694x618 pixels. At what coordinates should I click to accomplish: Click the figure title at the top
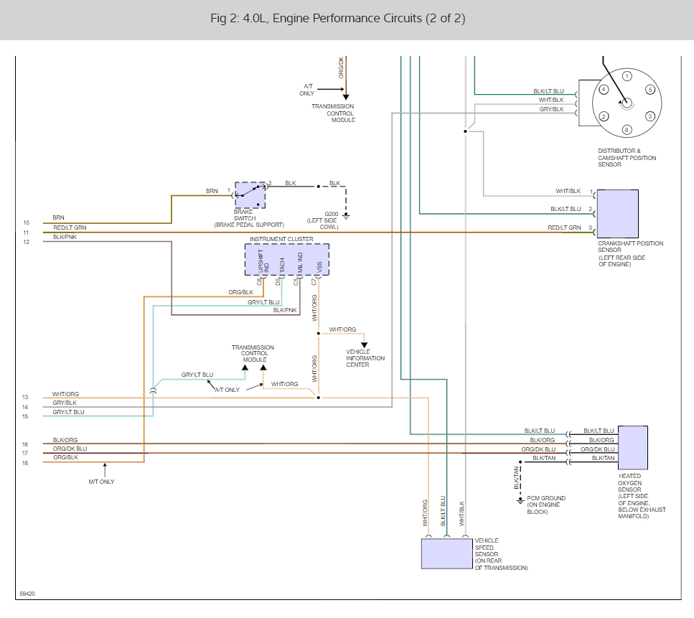(x=338, y=18)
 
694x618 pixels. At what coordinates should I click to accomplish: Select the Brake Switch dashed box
(x=250, y=195)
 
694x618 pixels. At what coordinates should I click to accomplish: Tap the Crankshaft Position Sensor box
(x=617, y=214)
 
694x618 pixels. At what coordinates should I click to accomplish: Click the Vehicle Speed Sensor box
(x=446, y=553)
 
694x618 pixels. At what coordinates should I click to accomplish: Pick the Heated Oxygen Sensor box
(x=633, y=448)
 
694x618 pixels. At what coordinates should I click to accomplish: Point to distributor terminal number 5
(x=650, y=90)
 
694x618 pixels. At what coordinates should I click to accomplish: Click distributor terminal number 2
(x=604, y=117)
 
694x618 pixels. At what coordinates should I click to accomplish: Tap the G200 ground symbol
(x=346, y=216)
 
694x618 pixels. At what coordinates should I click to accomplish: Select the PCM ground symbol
(x=520, y=501)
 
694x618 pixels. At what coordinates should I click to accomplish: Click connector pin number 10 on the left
(x=26, y=223)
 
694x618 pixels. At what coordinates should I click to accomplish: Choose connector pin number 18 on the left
(x=25, y=463)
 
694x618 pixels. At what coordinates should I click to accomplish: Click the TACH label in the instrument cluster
(x=282, y=265)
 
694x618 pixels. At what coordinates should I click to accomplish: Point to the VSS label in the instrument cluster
(x=319, y=267)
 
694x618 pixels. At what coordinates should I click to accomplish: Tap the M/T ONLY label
(x=101, y=482)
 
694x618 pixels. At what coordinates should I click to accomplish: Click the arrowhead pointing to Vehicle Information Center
(x=364, y=345)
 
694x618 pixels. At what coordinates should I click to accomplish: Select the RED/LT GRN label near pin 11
(x=70, y=228)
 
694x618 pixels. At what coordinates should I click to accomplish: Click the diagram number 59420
(x=27, y=594)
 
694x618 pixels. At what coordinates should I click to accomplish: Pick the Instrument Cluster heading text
(x=281, y=239)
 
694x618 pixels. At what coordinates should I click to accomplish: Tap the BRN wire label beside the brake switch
(x=212, y=191)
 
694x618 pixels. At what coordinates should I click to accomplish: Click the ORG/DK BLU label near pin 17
(x=70, y=449)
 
